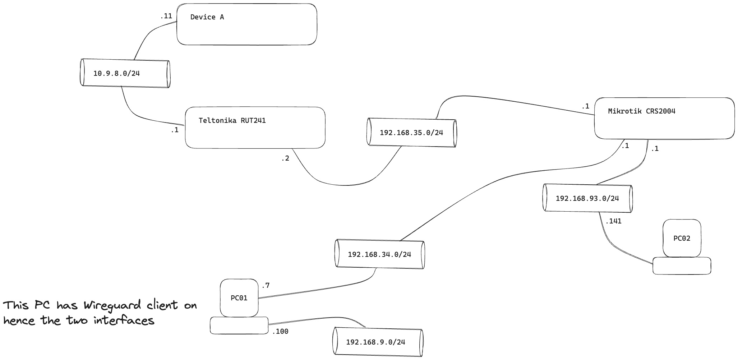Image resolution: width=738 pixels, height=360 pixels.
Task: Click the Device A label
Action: (x=207, y=17)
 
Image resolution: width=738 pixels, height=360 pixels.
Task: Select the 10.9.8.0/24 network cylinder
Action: (x=125, y=73)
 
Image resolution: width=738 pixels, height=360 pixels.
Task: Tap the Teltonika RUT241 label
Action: (x=232, y=120)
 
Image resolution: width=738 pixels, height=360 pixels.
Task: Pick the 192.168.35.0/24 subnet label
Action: (x=411, y=133)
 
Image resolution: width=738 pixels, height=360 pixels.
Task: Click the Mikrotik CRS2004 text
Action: (x=641, y=111)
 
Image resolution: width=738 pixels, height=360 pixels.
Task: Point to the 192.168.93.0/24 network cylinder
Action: (x=587, y=198)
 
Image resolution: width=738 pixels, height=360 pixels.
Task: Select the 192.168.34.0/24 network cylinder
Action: (x=379, y=254)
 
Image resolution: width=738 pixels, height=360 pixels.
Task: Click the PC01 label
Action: (x=239, y=298)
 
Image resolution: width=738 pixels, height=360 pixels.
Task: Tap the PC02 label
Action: (x=682, y=238)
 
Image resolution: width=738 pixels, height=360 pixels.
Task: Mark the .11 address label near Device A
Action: (x=166, y=16)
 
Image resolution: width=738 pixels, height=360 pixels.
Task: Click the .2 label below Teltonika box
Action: (x=285, y=158)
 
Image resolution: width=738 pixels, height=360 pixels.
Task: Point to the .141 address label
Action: (x=613, y=221)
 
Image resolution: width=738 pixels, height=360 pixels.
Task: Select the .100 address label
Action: (x=280, y=332)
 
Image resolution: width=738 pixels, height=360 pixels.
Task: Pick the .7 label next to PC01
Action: (x=266, y=286)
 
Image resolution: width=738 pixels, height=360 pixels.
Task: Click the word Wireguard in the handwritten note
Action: (x=112, y=305)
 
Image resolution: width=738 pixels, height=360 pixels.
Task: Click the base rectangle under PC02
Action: (x=682, y=266)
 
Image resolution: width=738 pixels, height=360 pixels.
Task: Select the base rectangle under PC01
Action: (x=239, y=326)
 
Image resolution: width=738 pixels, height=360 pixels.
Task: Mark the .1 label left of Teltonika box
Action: (x=175, y=130)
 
